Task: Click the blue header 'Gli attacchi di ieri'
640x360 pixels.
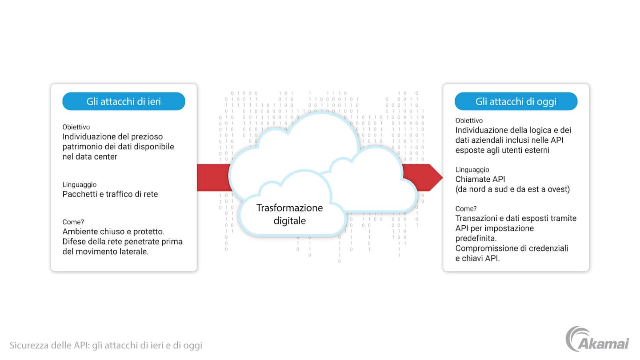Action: [x=124, y=101]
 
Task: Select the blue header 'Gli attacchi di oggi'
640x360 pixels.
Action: [x=516, y=101]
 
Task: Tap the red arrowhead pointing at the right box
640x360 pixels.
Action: [x=436, y=177]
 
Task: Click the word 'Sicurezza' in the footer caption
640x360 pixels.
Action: [x=28, y=345]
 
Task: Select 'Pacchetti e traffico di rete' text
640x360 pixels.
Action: [x=110, y=194]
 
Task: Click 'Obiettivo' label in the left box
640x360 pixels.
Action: [x=76, y=127]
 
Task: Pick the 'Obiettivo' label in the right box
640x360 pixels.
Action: [x=469, y=120]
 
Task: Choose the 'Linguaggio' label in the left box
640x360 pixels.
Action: [x=79, y=184]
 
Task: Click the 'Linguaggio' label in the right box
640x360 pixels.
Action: [x=472, y=170]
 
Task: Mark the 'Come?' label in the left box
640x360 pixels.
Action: [x=73, y=222]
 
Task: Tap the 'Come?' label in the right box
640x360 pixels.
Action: [x=466, y=208]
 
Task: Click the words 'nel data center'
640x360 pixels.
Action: [x=90, y=156]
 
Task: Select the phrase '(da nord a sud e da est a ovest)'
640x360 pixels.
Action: [x=512, y=189]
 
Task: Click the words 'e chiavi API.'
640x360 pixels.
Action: [x=478, y=258]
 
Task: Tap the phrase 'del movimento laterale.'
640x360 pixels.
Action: [x=105, y=251]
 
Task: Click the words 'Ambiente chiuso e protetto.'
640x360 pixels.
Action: [x=113, y=232]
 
